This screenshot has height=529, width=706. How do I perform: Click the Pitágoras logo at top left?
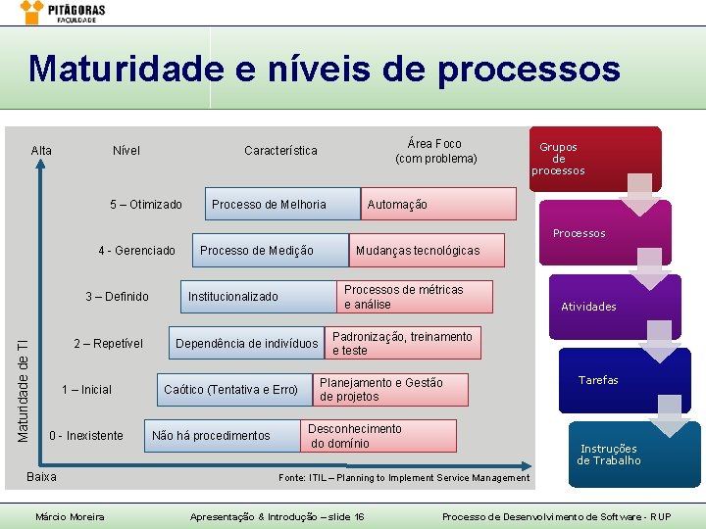coord(64,13)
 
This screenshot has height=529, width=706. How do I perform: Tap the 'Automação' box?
coord(437,204)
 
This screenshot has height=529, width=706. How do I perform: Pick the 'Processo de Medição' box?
coord(270,251)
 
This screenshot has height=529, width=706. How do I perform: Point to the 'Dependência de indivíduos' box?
coord(246,343)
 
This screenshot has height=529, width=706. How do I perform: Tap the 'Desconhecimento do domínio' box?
coord(378,436)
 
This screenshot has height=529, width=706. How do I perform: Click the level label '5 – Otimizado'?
coord(146,205)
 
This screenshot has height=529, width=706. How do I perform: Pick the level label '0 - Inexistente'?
coord(86,435)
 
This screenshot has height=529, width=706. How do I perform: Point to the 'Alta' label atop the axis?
coord(41,151)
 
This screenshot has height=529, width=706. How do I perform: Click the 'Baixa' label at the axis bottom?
coord(41,477)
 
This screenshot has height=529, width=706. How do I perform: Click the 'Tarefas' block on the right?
coord(598,380)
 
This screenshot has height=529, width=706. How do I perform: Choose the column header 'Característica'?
coord(280,151)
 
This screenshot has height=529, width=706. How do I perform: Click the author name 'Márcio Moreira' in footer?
coord(70,516)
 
